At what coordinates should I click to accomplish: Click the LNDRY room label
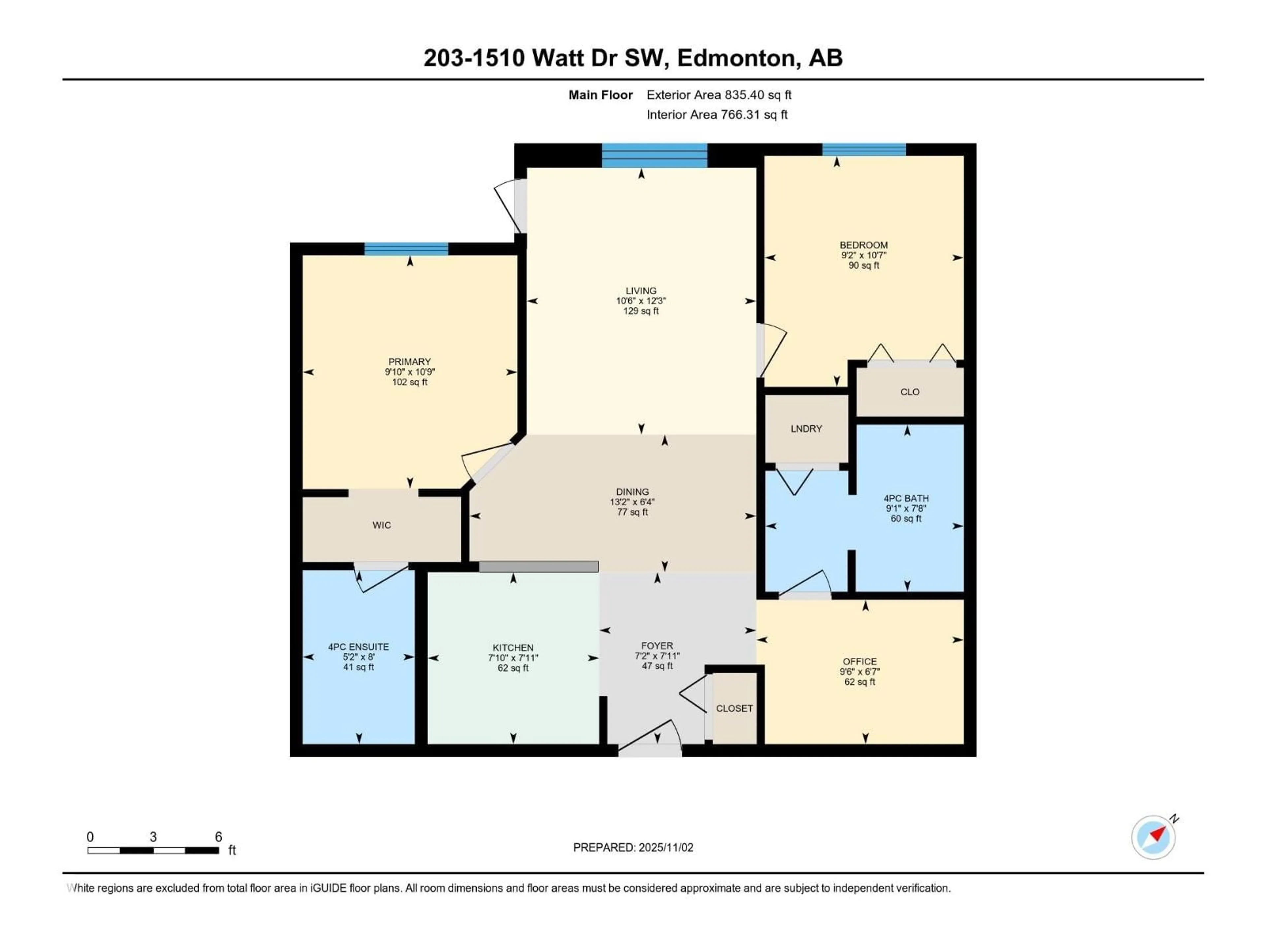tap(806, 428)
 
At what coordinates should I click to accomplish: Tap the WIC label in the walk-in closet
tap(381, 525)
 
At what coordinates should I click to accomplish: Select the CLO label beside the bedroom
tap(910, 392)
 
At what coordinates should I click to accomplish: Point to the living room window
tap(654, 155)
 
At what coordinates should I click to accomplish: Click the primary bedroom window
tap(406, 248)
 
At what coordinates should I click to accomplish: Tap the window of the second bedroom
tap(864, 149)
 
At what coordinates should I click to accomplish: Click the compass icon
tap(1153, 837)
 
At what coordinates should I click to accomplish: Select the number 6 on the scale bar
tap(218, 837)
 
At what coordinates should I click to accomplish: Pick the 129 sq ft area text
tap(641, 311)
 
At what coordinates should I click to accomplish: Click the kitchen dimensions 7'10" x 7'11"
tap(513, 658)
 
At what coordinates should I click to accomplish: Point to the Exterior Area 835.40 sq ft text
tap(719, 95)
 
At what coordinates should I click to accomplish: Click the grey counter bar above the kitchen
tap(538, 566)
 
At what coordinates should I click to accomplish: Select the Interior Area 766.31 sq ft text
tap(717, 114)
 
